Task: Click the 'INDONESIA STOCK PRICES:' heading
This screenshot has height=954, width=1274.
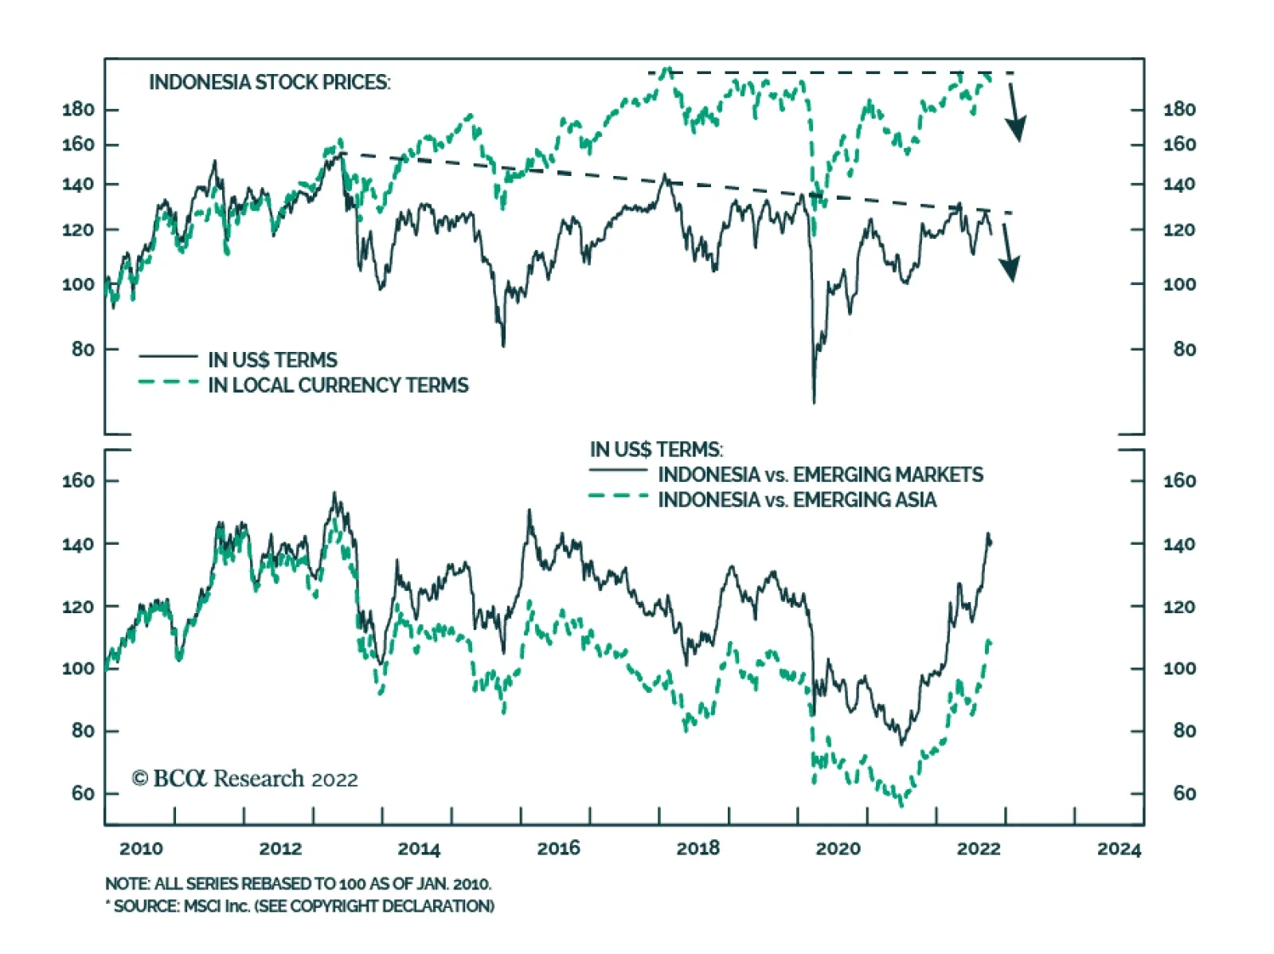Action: click(x=269, y=82)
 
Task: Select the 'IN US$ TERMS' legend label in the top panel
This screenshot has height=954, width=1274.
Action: click(x=272, y=360)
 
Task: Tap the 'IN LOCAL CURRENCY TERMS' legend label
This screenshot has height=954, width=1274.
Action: click(x=338, y=385)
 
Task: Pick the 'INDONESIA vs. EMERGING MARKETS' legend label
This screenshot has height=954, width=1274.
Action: click(x=820, y=475)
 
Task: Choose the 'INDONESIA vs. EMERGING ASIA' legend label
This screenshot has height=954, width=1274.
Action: click(x=797, y=500)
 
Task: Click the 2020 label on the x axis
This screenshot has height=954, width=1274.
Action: click(x=838, y=849)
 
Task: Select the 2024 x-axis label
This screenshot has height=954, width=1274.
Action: click(x=1119, y=849)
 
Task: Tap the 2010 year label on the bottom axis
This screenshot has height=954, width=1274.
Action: click(x=141, y=849)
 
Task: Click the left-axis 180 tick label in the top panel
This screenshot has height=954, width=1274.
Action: click(x=78, y=109)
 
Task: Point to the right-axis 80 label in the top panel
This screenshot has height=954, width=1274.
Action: click(x=1184, y=349)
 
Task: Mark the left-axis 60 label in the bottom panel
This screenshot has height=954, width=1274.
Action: click(x=83, y=793)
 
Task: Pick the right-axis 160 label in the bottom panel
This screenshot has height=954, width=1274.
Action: click(x=1179, y=481)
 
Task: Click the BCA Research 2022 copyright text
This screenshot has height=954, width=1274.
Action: click(x=245, y=778)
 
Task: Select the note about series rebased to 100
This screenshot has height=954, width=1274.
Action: click(x=298, y=884)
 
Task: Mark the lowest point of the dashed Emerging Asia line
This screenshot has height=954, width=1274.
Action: click(x=901, y=804)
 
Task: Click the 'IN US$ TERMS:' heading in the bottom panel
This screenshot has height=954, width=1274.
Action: click(x=656, y=450)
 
